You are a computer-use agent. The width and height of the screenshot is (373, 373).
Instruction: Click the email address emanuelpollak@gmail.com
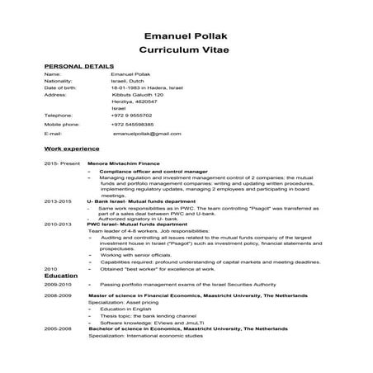point(147,133)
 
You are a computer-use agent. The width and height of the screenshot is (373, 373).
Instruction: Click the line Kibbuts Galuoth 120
point(137,95)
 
